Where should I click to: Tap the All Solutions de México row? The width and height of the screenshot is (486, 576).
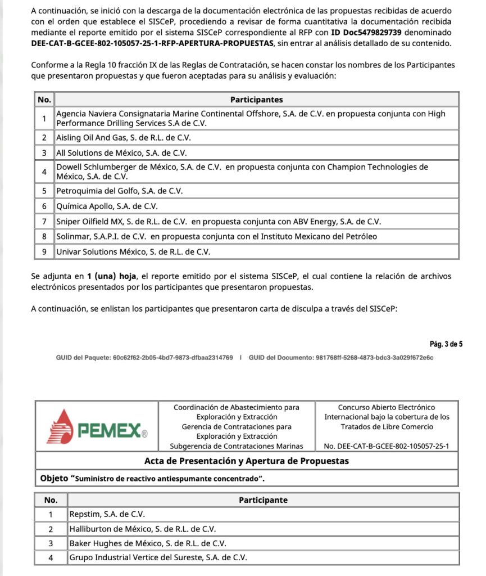click(121, 153)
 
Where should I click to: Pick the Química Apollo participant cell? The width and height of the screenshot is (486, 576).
click(107, 206)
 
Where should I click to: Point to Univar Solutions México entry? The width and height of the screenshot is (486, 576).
click(133, 252)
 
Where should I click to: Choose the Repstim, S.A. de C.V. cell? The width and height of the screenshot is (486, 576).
click(107, 514)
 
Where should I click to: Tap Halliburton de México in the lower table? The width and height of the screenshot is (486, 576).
click(143, 529)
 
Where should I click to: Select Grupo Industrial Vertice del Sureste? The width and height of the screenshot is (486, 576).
click(158, 558)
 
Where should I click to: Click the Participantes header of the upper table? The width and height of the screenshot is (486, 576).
click(256, 100)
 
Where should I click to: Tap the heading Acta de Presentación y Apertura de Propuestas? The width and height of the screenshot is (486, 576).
click(247, 461)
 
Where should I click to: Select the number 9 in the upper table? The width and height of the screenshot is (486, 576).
click(44, 252)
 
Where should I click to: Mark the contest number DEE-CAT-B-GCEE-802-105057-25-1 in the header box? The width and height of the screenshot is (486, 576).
click(387, 447)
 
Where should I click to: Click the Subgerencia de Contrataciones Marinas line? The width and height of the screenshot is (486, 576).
click(237, 447)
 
